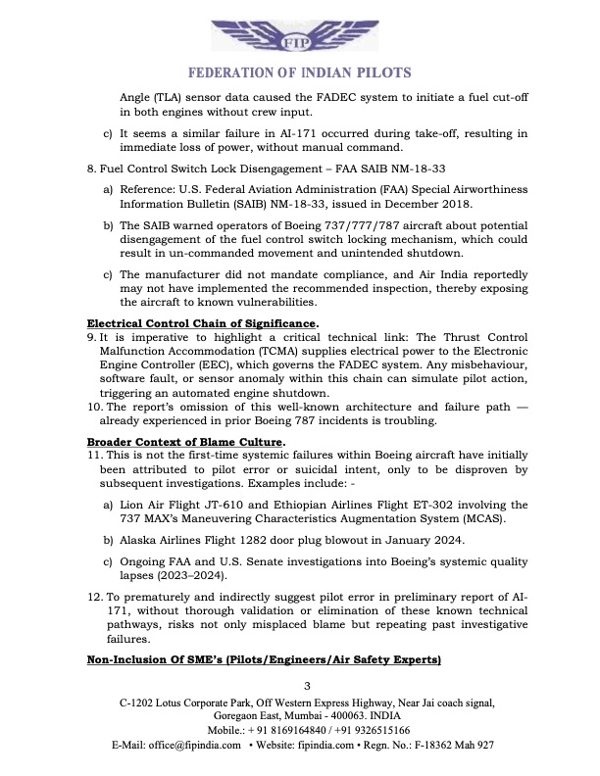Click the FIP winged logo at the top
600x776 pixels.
[x=299, y=37]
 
